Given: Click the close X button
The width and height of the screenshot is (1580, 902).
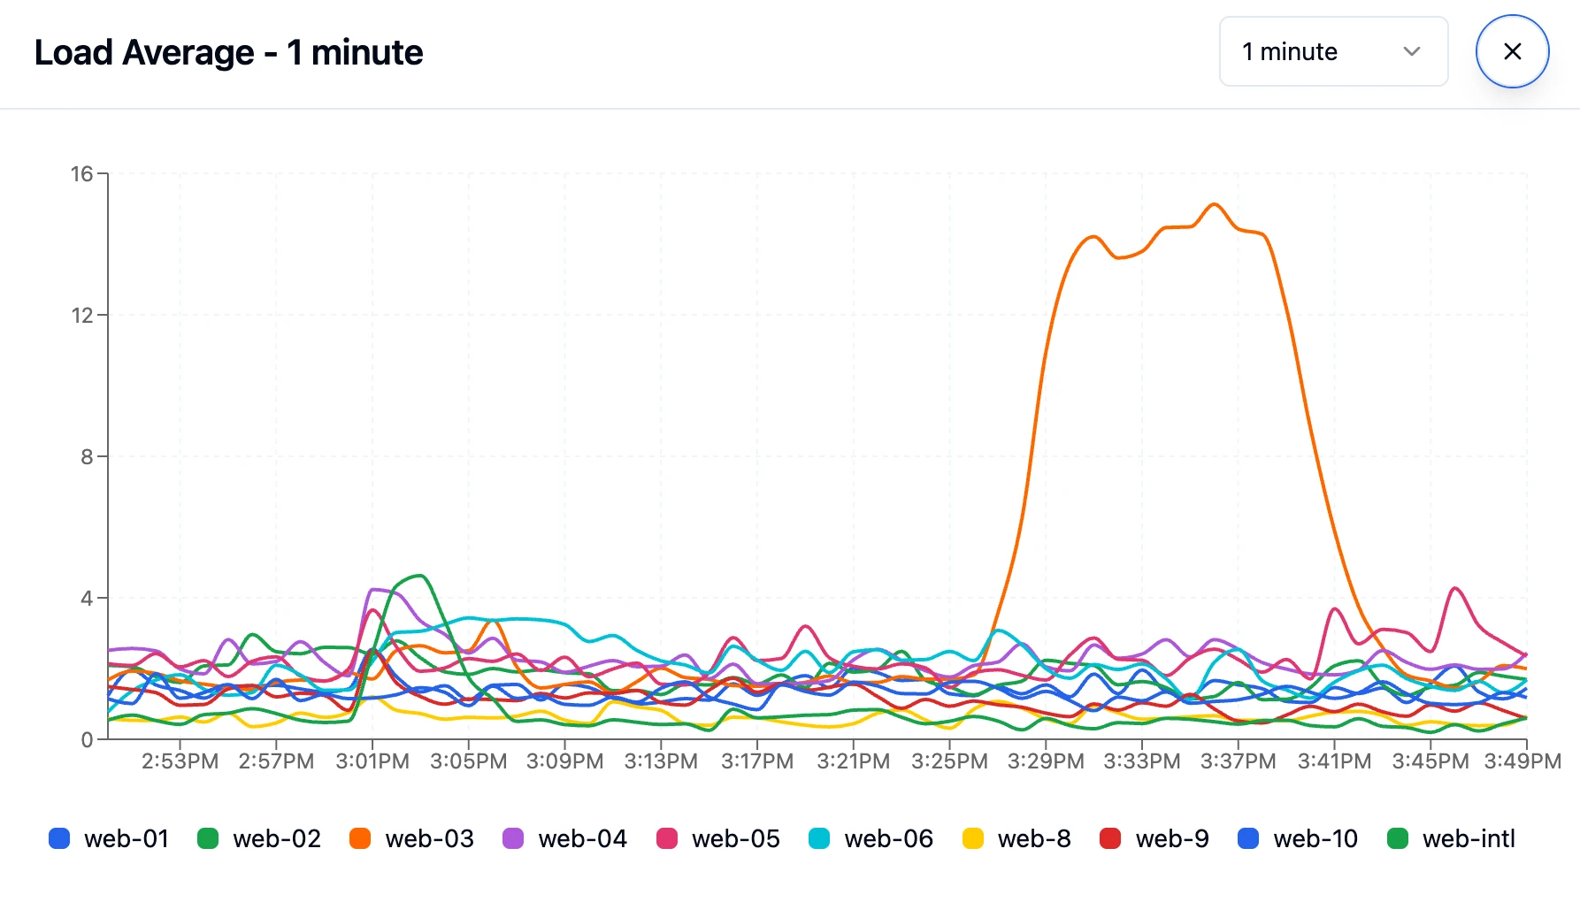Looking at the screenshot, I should click(x=1512, y=51).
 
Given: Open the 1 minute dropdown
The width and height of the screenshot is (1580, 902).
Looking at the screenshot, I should click(x=1332, y=51).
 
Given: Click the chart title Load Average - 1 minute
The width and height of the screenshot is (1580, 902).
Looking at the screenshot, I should click(x=228, y=52).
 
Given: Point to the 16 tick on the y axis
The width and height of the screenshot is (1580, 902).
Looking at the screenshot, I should click(x=82, y=174).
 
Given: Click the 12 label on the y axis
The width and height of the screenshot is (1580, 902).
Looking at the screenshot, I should click(x=82, y=316).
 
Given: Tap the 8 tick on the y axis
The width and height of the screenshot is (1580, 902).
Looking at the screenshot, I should click(x=87, y=457).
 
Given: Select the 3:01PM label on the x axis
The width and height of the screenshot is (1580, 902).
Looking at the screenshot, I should click(x=372, y=761).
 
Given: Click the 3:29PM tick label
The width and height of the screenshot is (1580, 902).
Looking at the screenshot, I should click(x=1046, y=761).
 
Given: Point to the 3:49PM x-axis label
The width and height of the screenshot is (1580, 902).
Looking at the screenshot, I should click(x=1522, y=761).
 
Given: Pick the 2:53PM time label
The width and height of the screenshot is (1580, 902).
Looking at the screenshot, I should click(x=180, y=761).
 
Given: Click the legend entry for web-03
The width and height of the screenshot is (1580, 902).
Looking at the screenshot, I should click(x=412, y=838).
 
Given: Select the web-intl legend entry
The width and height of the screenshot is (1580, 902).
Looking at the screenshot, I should click(x=1452, y=838).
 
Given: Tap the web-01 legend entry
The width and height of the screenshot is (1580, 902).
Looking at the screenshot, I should click(x=109, y=838).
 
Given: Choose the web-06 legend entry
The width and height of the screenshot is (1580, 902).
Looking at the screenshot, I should click(x=871, y=838).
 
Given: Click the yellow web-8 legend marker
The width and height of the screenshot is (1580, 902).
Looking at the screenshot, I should click(x=973, y=838).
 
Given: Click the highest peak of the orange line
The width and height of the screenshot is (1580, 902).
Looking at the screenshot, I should click(x=1215, y=204).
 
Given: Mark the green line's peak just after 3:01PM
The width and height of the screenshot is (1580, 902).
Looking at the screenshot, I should click(x=422, y=576).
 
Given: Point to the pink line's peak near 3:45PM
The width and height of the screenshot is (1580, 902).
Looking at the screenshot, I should click(x=1454, y=588).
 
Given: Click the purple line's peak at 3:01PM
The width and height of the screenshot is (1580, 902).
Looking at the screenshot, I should click(x=375, y=589).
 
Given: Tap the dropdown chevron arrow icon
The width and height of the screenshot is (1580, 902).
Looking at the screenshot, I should click(x=1412, y=51).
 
